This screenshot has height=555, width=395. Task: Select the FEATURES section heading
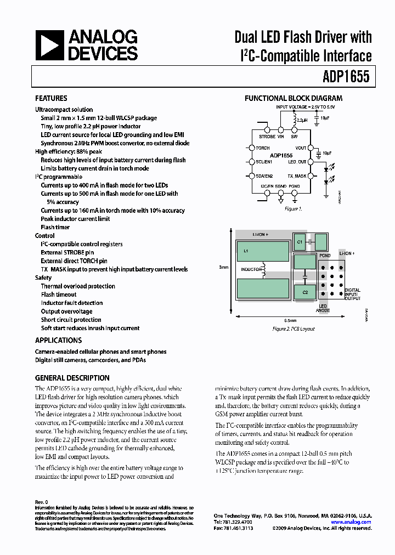point(51,99)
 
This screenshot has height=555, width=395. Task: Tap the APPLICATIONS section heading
point(58,340)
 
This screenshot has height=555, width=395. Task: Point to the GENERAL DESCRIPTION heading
point(72,378)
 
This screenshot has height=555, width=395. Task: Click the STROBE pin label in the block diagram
point(267,137)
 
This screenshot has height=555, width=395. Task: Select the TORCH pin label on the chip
point(262,148)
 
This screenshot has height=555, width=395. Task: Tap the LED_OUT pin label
point(297,162)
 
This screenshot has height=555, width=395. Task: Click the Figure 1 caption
point(292,209)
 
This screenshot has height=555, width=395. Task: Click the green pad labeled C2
point(304,292)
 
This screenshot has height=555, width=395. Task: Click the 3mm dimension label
point(223,267)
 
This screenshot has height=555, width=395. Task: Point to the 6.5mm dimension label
point(290,320)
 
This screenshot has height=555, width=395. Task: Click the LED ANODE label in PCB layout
point(323,308)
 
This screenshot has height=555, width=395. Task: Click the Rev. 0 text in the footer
point(42,502)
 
